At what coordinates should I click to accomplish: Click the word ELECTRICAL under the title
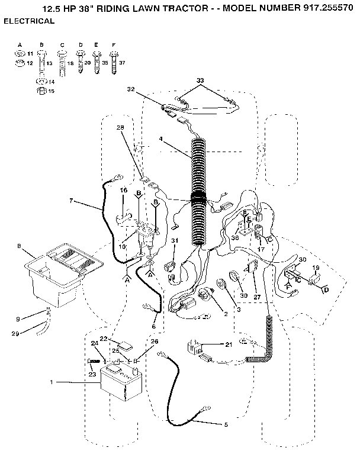tap(29, 21)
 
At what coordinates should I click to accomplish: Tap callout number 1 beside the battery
tap(52, 383)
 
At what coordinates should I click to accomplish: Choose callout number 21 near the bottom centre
tap(229, 344)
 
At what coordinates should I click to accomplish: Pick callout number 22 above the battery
tap(103, 339)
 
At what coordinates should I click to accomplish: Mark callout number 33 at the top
tap(200, 80)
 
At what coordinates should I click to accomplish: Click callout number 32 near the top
tap(131, 89)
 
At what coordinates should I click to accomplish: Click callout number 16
tap(124, 191)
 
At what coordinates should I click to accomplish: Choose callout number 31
tap(175, 240)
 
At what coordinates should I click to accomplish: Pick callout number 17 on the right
tap(261, 233)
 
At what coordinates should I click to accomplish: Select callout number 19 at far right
tap(316, 268)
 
